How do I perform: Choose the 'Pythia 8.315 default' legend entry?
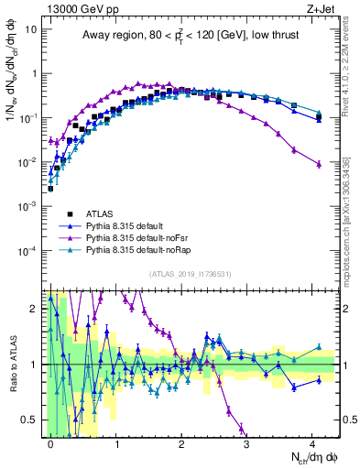coord(127,224)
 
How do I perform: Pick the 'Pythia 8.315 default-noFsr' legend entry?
coord(137,237)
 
